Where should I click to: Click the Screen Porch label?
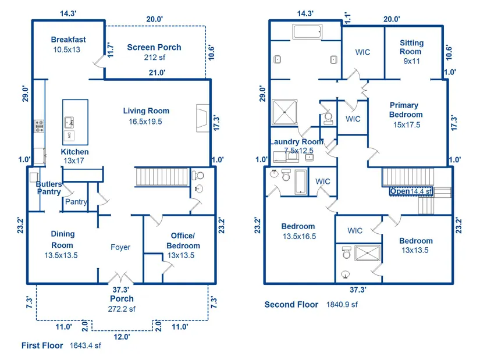[x=154, y=48]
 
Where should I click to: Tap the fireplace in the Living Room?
[x=202, y=119]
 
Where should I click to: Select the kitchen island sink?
[x=69, y=123]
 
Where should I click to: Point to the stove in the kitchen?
[x=39, y=126]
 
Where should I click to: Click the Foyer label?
[x=120, y=247]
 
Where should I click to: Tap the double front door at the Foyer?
[x=120, y=277]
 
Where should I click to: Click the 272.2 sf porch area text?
[x=122, y=309]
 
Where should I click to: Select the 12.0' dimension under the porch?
[x=122, y=337]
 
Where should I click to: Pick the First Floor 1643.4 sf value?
[x=85, y=345]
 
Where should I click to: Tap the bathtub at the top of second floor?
[x=307, y=32]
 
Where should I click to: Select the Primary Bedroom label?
[x=406, y=110]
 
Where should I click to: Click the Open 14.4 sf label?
[x=411, y=191]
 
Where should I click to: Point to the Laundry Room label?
[x=297, y=142]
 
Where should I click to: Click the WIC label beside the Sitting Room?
[x=362, y=52]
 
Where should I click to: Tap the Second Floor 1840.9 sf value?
[x=342, y=305]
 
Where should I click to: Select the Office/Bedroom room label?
[x=183, y=241]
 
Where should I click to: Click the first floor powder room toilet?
[x=198, y=176]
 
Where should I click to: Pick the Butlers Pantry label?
[x=49, y=188]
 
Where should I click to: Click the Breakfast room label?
[x=68, y=40]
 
